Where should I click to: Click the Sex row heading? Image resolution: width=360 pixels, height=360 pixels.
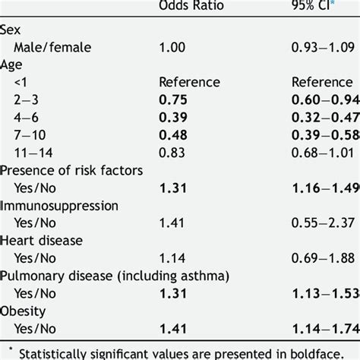click(x=11, y=30)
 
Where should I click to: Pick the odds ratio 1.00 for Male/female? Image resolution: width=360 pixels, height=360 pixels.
click(x=172, y=47)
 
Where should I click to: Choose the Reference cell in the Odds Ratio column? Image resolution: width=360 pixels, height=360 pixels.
click(x=188, y=82)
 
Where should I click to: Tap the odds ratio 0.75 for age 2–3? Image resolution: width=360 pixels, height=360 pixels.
click(x=172, y=99)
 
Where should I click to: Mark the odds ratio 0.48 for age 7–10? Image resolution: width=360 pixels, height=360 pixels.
click(x=172, y=134)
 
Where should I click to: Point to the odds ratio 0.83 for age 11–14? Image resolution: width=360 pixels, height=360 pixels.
click(x=172, y=152)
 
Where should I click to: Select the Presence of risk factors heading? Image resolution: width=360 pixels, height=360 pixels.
click(x=71, y=169)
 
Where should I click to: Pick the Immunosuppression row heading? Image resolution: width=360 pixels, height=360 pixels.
click(x=59, y=205)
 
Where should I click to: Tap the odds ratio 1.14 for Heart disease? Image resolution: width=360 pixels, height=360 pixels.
click(x=172, y=257)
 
